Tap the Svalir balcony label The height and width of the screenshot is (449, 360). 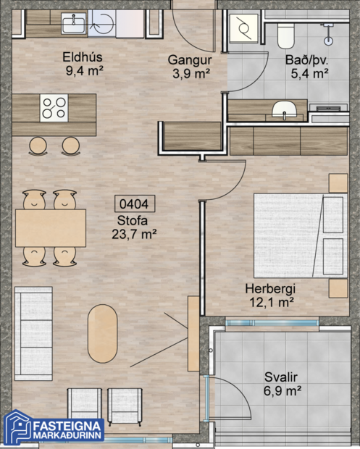click(x=281, y=377)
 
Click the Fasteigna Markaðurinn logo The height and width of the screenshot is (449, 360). click(x=55, y=427)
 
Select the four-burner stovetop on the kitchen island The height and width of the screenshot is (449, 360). click(x=54, y=108)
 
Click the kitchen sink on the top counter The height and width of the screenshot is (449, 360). click(x=73, y=25)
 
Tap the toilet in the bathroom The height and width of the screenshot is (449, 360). click(x=286, y=33)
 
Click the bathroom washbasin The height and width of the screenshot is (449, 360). click(x=283, y=110)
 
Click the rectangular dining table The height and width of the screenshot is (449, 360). click(x=50, y=227)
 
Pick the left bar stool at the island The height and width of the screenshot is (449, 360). click(x=38, y=146)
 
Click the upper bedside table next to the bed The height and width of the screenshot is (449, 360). click(x=338, y=183)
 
